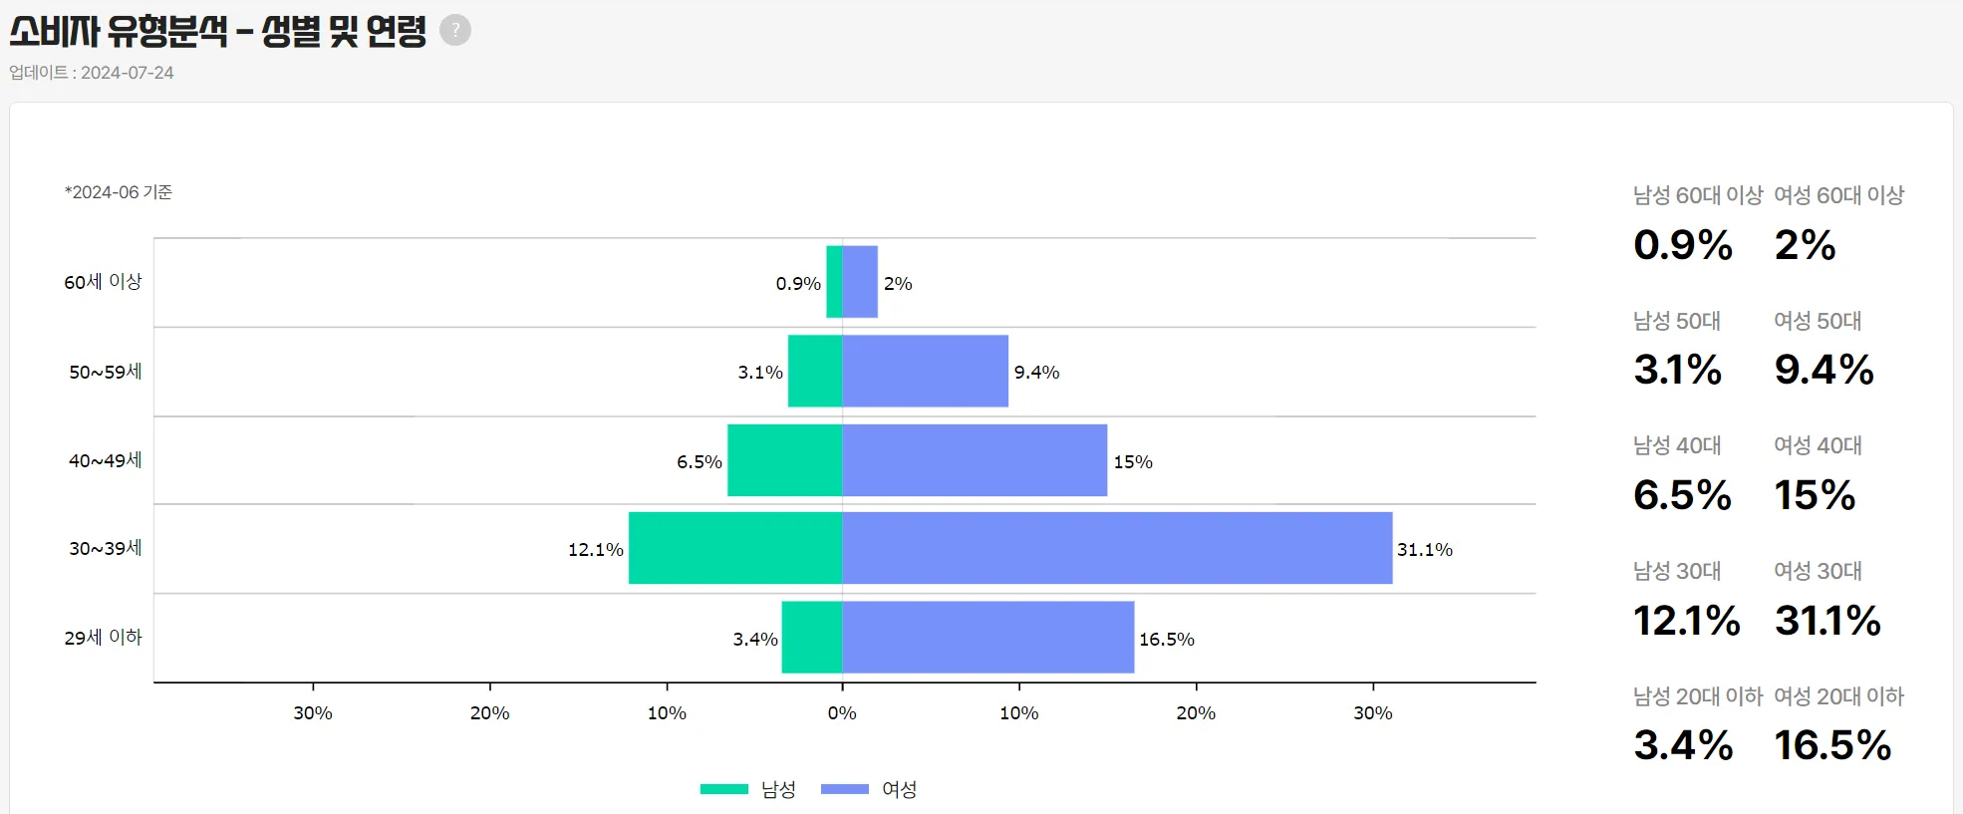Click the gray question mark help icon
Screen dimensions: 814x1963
[x=455, y=30]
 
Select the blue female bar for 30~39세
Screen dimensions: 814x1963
[x=1116, y=548]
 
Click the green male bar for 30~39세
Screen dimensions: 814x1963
[x=735, y=548]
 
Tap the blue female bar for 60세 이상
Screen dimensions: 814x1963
[x=860, y=282]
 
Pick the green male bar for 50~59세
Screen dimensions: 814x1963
[x=815, y=371]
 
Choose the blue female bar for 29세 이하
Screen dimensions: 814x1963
[x=987, y=638]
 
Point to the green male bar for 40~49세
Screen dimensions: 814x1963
[x=785, y=460]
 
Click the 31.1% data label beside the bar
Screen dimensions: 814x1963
[x=1425, y=550]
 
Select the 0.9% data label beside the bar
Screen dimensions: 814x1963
[x=798, y=284]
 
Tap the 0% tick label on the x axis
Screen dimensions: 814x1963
[x=842, y=713]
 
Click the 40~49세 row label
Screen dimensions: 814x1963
[x=105, y=460]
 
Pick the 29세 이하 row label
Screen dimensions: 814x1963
[x=103, y=638]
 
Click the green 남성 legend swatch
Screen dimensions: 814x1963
[x=724, y=789]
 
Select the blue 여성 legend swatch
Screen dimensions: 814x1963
[x=845, y=789]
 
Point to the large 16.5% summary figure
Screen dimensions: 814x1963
[x=1832, y=745]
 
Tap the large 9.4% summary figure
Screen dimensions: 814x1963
[x=1823, y=370]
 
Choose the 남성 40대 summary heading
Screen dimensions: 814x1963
[x=1677, y=445]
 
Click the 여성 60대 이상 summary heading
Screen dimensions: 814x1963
[x=1838, y=195]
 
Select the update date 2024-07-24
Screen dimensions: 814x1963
[x=127, y=73]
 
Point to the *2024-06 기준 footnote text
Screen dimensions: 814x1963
[x=119, y=192]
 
